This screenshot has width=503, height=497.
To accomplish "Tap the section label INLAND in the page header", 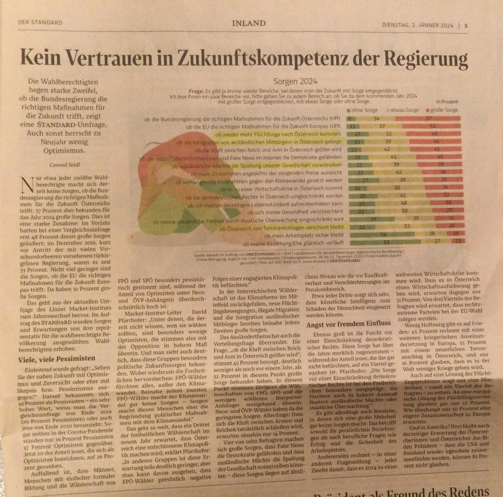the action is [249, 24].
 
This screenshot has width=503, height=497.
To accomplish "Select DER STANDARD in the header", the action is [40, 23].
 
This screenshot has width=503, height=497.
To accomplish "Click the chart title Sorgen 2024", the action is [295, 81].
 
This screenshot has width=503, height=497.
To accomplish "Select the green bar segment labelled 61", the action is [385, 242].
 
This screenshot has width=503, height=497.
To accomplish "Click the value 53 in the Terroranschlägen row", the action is [407, 226].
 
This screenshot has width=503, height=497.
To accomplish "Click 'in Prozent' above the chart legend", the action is [447, 102].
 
